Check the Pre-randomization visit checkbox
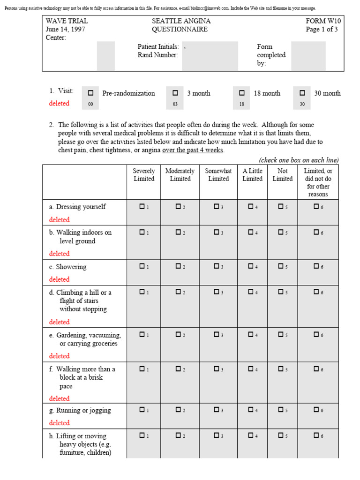90,93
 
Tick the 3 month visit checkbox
175,93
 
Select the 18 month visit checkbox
241,93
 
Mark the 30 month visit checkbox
302,93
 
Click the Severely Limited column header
143,175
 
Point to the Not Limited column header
282,175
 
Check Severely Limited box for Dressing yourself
142,206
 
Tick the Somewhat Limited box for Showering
216,266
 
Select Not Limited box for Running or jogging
280,410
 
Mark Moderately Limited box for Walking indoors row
179,232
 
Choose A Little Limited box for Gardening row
251,334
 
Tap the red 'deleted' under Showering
59,279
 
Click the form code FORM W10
323,21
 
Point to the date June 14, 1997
65,30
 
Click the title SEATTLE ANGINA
181,21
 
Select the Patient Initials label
158,47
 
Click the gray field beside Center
105,56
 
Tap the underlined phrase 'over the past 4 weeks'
193,150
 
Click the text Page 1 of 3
322,30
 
